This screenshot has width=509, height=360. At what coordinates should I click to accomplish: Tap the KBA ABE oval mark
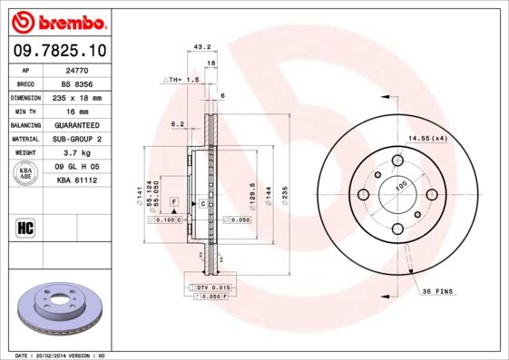pos(27,173)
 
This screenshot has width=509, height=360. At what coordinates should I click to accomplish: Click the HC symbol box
pos(26,227)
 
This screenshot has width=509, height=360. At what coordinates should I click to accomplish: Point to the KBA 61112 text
pos(78,181)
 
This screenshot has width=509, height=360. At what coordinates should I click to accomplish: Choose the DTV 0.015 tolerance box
pos(216,287)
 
